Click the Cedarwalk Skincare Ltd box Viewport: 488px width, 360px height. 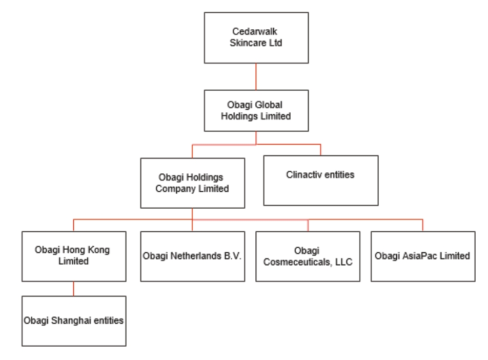pyautogui.click(x=256, y=37)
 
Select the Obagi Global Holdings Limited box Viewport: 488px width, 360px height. pyautogui.click(x=256, y=110)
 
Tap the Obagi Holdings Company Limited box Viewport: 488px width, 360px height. pyautogui.click(x=192, y=183)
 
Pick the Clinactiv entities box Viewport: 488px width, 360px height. pyautogui.click(x=320, y=179)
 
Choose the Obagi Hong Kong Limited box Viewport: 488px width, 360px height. pyautogui.click(x=73, y=256)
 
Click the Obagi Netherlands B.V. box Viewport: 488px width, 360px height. pyautogui.click(x=192, y=256)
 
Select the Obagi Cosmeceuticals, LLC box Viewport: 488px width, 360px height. pyautogui.click(x=308, y=256)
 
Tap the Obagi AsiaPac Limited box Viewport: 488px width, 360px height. pyautogui.click(x=422, y=256)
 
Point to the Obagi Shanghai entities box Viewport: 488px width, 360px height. pyautogui.click(x=73, y=321)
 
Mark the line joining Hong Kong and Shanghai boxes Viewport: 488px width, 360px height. pyautogui.click(x=73, y=288)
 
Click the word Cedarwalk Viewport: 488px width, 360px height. pyautogui.click(x=256, y=32)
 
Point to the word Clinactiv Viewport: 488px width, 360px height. pyautogui.click(x=304, y=174)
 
